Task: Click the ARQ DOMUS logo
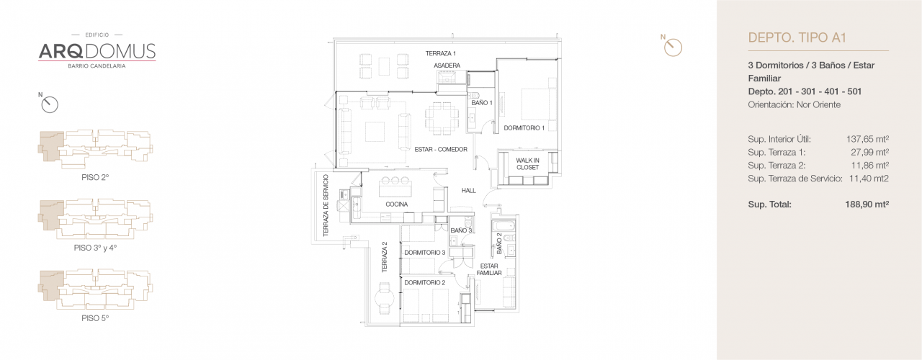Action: pos(97,50)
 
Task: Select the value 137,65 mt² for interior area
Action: pos(867,139)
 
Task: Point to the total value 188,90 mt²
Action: pos(867,204)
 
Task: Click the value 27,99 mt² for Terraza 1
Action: pos(869,152)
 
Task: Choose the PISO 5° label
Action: pos(95,318)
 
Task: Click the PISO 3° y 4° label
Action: pos(95,247)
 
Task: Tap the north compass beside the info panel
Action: pos(672,47)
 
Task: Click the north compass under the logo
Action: pos(49,104)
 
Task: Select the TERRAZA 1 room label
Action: pos(440,54)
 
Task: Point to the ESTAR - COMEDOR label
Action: pos(441,150)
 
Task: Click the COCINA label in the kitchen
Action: pos(396,204)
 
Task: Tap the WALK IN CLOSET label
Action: pos(527,164)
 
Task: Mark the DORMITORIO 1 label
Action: pos(524,128)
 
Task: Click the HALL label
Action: pos(469,191)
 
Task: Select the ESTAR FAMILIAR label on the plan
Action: pos(488,270)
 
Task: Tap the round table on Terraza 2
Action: pos(385,297)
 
